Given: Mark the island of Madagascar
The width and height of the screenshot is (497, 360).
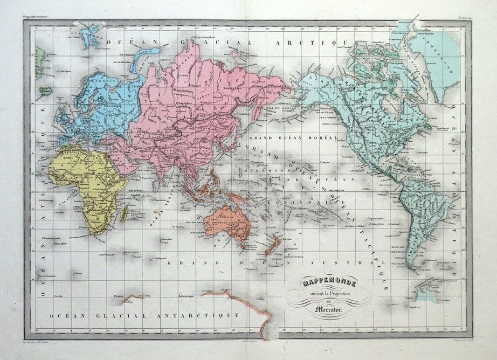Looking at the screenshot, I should point(123,214).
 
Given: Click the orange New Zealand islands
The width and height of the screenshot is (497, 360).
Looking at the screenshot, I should point(271,246).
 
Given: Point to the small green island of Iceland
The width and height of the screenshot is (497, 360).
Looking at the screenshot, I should point(46,92).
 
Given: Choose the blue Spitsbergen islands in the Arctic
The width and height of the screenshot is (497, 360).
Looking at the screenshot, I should point(89,37).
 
